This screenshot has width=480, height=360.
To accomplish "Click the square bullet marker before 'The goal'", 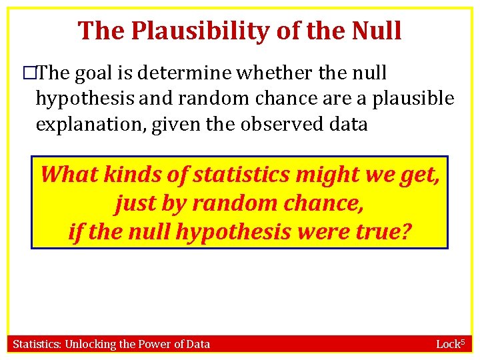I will pyautogui.click(x=28, y=73).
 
